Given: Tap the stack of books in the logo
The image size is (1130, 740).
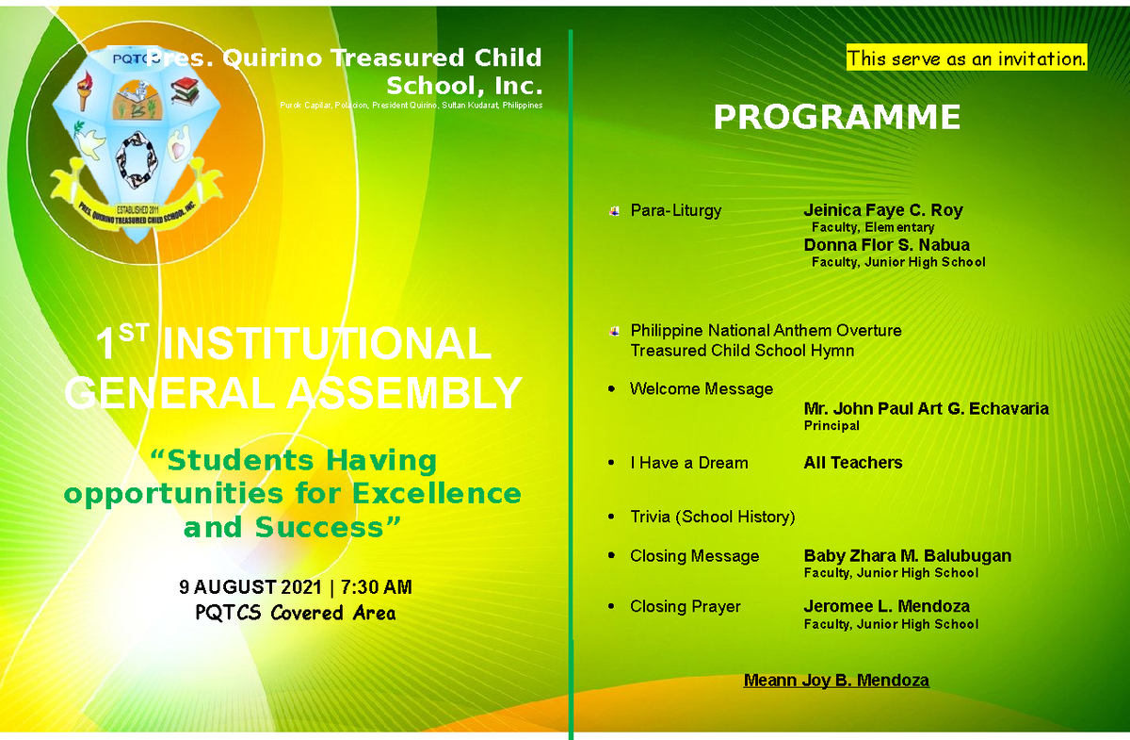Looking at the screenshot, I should coord(184,92).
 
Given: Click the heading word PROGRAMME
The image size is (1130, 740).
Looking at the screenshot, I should coord(836,118).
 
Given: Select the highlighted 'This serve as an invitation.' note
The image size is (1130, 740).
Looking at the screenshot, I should coord(966,58).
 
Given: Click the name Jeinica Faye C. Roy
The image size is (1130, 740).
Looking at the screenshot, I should coord(882,210).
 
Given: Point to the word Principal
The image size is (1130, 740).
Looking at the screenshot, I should coord(831,426).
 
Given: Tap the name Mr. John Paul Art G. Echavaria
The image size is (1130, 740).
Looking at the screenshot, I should coord(926,409).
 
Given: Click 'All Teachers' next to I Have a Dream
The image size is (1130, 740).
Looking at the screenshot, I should coord(852,463).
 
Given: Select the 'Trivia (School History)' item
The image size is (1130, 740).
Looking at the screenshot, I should coord(712,517).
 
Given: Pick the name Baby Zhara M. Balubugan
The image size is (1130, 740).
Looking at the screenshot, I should coord(907,556).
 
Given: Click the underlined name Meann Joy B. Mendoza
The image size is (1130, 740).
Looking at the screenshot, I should coord(836,681).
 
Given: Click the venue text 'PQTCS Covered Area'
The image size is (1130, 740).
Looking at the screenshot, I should coord(295,614).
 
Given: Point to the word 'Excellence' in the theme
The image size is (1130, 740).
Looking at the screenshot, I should coord(436,494).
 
